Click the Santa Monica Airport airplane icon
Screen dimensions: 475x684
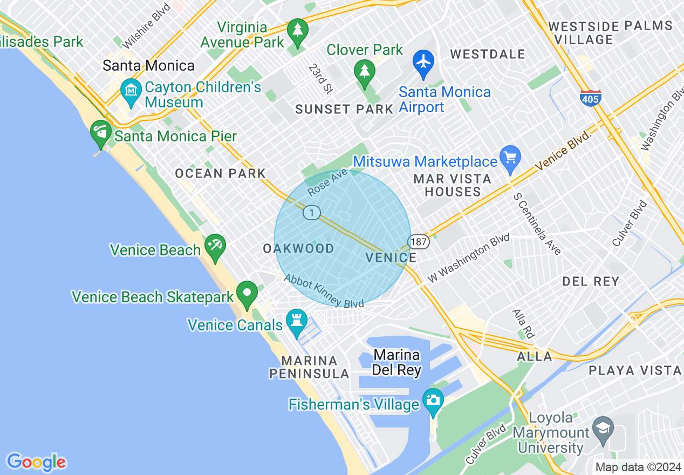tap(424, 62)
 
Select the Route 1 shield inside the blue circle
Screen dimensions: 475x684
tap(312, 213)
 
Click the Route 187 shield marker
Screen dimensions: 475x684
tap(419, 241)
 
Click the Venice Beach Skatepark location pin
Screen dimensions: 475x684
tap(247, 294)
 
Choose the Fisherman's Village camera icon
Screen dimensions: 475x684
tap(433, 401)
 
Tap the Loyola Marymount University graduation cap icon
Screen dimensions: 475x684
tap(603, 429)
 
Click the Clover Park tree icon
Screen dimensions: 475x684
tap(365, 72)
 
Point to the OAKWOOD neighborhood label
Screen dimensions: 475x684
tap(298, 248)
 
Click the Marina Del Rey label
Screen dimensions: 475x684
tap(396, 362)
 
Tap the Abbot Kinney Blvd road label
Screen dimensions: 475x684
tap(324, 291)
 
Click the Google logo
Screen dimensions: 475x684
tap(36, 462)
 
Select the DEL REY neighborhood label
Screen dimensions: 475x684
tap(591, 281)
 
